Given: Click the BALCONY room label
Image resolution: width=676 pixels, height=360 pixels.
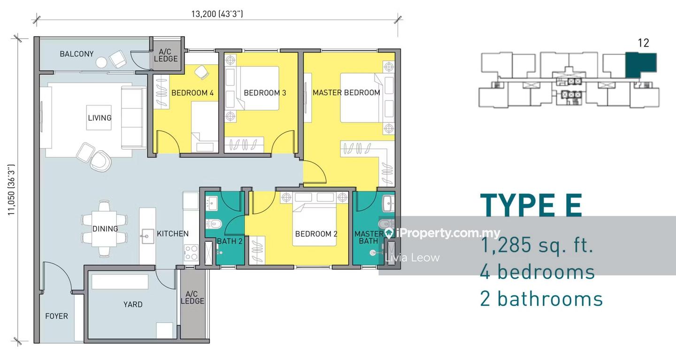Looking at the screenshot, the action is [x=77, y=54].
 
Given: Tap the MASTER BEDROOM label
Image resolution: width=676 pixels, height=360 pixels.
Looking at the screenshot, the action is [x=346, y=92].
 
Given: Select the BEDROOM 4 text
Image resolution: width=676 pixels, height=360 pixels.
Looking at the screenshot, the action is [x=192, y=93].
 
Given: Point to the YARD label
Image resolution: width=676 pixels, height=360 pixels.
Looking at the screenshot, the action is [x=133, y=305].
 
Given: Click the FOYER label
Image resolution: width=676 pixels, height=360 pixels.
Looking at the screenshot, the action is [x=56, y=316].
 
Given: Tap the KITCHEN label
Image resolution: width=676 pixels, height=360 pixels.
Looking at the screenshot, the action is [x=173, y=234].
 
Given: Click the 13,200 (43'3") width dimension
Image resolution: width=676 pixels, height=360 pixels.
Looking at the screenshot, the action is [x=217, y=14].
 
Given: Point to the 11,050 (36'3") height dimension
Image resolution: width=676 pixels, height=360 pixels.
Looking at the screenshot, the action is [x=11, y=190].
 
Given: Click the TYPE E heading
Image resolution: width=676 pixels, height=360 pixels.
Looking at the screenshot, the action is [x=531, y=206].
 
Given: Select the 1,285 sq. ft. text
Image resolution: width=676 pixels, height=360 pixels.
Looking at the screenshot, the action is [x=537, y=245].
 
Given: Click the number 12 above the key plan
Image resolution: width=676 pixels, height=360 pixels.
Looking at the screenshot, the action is [x=644, y=43].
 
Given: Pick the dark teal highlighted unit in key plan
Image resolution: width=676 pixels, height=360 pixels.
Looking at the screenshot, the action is [x=640, y=64].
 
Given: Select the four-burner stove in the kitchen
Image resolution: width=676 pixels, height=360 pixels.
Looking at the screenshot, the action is [x=191, y=253].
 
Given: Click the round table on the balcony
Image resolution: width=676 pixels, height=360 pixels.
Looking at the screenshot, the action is [x=101, y=62].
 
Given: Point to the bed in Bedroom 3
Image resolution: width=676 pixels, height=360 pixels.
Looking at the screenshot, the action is [x=259, y=88].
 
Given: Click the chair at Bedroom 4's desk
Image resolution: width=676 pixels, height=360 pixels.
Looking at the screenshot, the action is [x=201, y=72].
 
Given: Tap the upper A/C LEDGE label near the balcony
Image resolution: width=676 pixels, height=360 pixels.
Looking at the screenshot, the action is [x=165, y=55].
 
